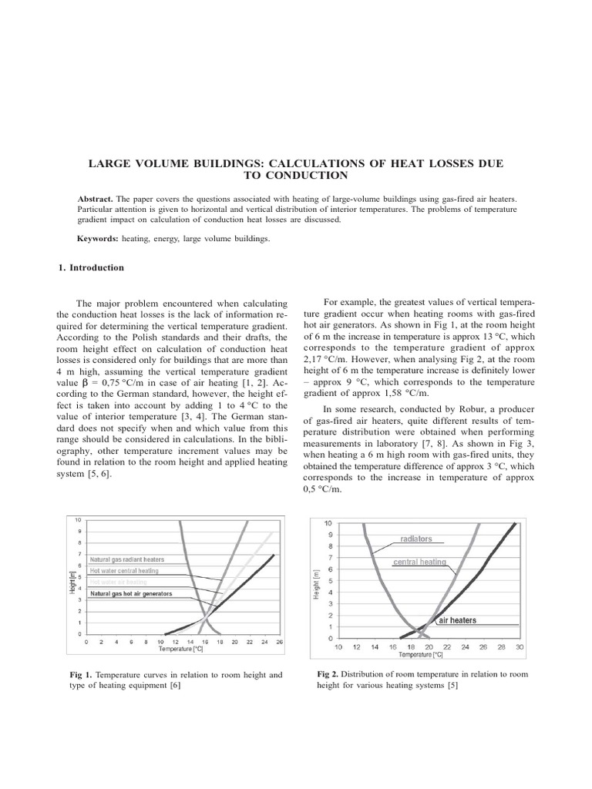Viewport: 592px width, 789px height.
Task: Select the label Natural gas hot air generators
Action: click(131, 594)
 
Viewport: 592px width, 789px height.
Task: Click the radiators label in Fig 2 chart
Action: click(415, 539)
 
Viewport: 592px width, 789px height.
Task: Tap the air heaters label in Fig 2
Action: click(457, 620)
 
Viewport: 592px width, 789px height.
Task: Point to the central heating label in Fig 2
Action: click(419, 562)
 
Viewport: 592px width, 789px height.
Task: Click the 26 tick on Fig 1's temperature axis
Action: click(278, 641)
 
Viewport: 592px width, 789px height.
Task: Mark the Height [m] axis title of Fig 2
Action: click(316, 584)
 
